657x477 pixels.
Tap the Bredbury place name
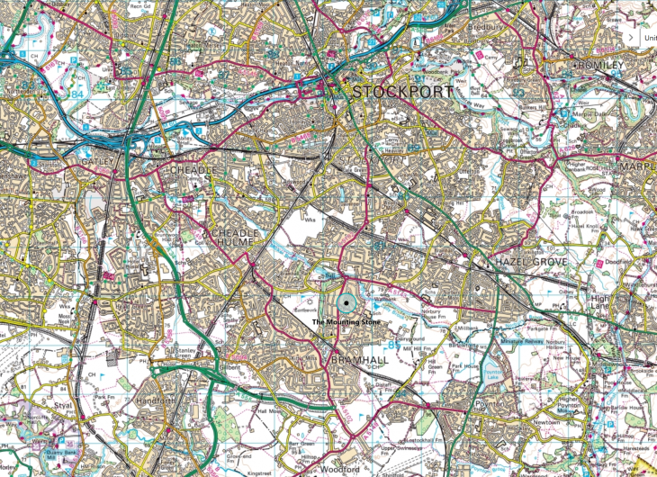tap(489, 26)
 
